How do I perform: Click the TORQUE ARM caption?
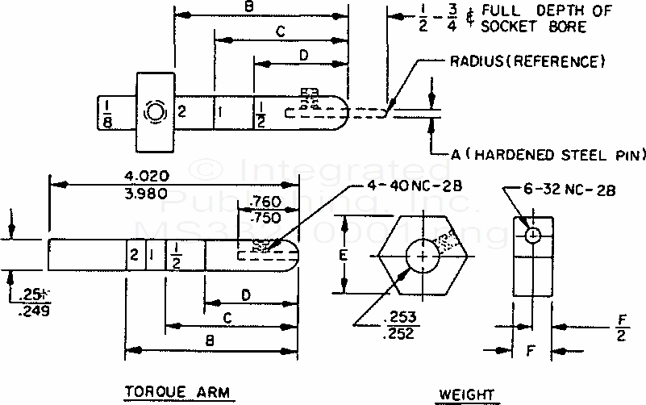(x=177, y=392)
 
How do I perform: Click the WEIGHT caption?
(x=465, y=394)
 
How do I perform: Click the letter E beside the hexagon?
(x=344, y=256)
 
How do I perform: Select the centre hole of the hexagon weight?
(x=422, y=256)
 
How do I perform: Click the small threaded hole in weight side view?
(x=533, y=235)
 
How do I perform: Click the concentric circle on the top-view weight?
(x=153, y=111)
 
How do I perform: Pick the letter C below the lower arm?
(x=228, y=319)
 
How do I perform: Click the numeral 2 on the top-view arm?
(x=181, y=111)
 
